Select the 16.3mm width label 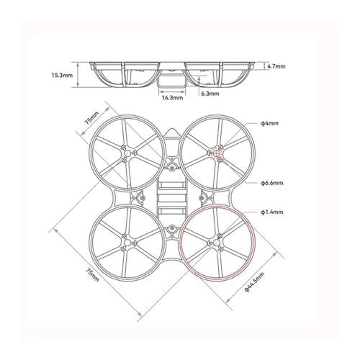[x=171, y=97]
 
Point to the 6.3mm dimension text [x=210, y=93]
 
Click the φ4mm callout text [x=270, y=123]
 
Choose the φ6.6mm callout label [x=271, y=183]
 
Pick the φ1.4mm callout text [x=271, y=212]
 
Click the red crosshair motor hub [x=217, y=152]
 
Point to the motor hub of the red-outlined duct [x=216, y=245]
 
